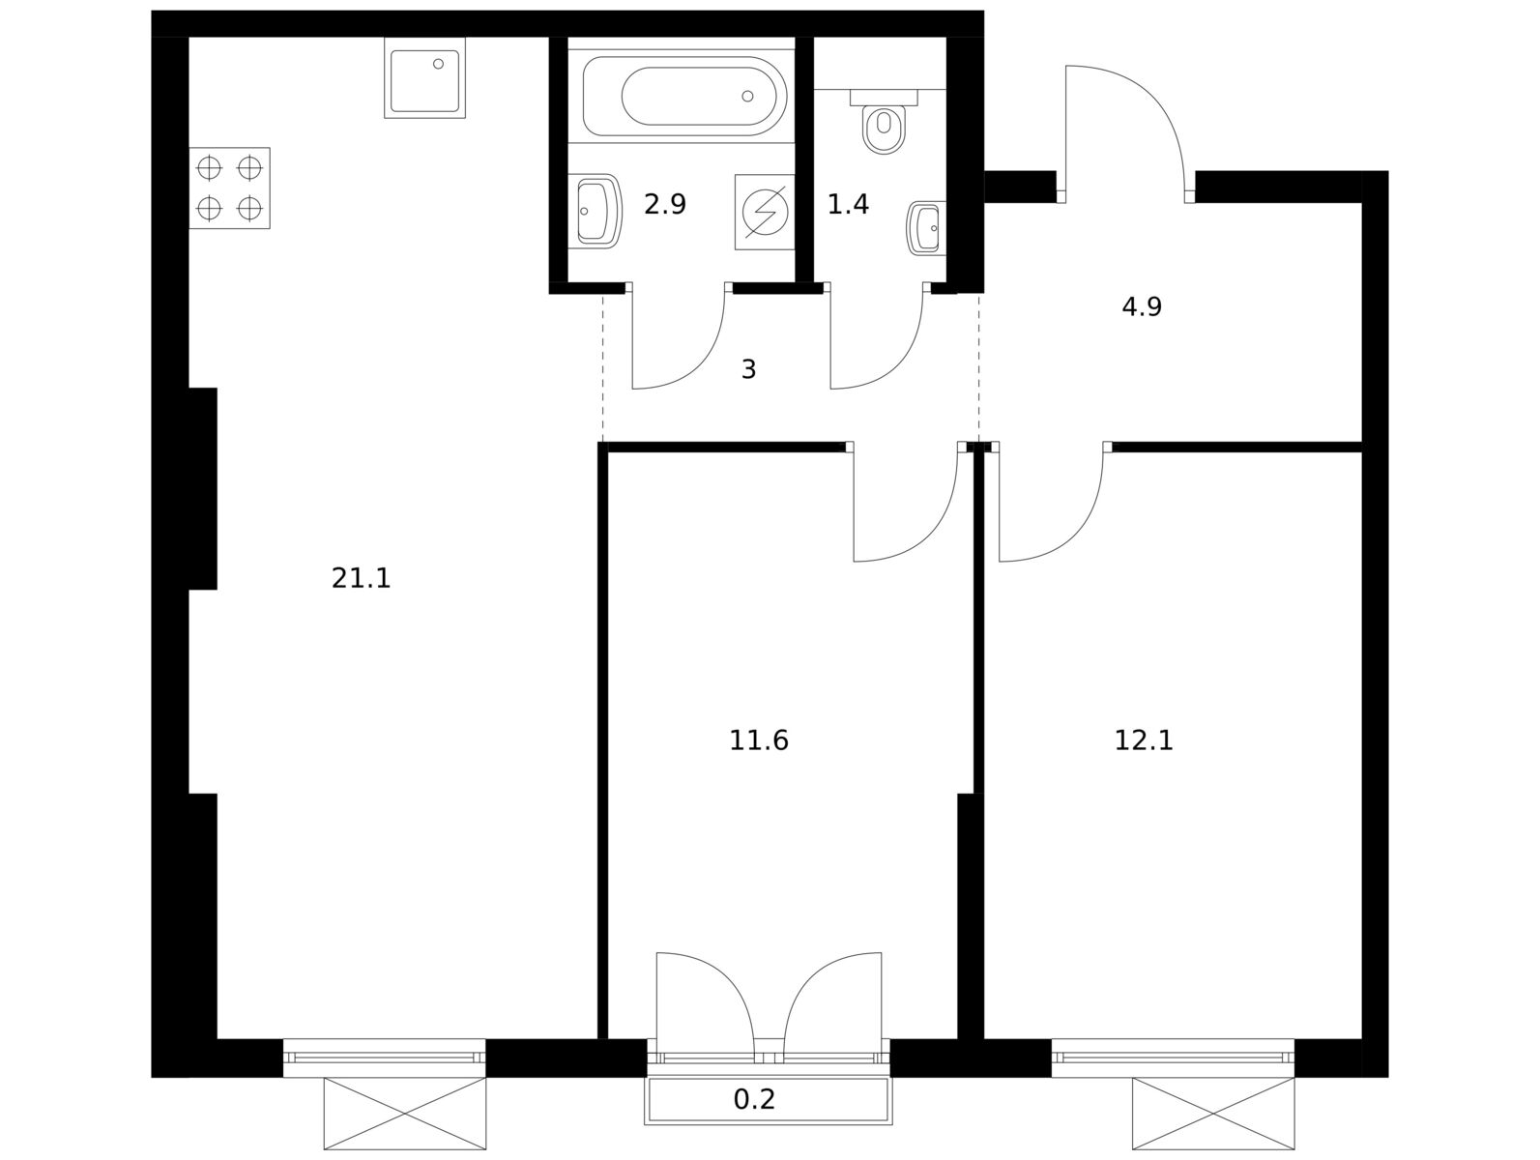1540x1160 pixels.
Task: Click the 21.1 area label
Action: point(361,579)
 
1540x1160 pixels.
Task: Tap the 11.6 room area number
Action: point(759,740)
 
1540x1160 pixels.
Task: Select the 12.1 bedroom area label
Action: point(1144,740)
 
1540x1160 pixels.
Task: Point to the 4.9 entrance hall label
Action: point(1142,306)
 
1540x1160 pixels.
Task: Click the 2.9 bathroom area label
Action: point(664,204)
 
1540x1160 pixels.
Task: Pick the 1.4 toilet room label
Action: point(848,204)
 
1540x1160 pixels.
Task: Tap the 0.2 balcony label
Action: point(754,1099)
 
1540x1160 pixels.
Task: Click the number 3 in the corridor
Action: point(748,369)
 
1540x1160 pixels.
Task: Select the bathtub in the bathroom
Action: point(684,96)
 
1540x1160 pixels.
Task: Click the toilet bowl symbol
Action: point(884,122)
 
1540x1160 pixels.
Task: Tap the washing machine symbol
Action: point(765,212)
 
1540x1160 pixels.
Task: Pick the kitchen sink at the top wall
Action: point(424,77)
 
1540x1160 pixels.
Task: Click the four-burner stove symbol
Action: point(229,188)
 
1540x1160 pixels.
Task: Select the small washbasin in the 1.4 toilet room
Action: point(926,228)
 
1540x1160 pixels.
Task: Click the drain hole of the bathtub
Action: point(747,96)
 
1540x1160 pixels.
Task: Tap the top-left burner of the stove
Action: point(209,168)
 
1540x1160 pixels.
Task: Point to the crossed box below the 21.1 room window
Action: point(405,1113)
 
